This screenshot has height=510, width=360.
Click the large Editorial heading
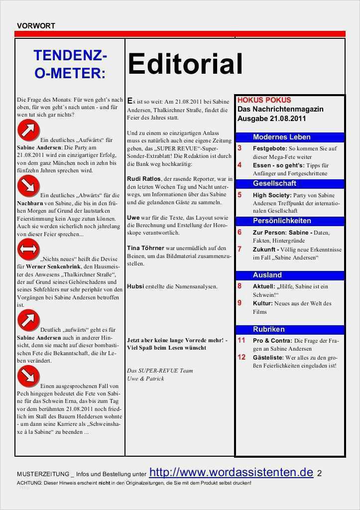pyautogui.click(x=185, y=64)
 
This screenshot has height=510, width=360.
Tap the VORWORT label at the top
pyautogui.click(x=36, y=25)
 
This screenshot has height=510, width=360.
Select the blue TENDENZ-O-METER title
pyautogui.click(x=70, y=64)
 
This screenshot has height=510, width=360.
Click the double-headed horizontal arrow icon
pyautogui.click(x=28, y=249)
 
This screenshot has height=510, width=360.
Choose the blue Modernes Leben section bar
pyautogui.click(x=289, y=137)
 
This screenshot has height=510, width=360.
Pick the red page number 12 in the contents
pyautogui.click(x=241, y=357)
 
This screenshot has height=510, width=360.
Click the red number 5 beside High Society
pyautogui.click(x=240, y=195)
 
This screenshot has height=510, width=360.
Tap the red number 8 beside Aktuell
pyautogui.click(x=240, y=286)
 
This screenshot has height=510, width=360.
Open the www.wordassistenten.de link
pyautogui.click(x=231, y=472)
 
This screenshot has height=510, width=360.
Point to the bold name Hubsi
pyautogui.click(x=136, y=286)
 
